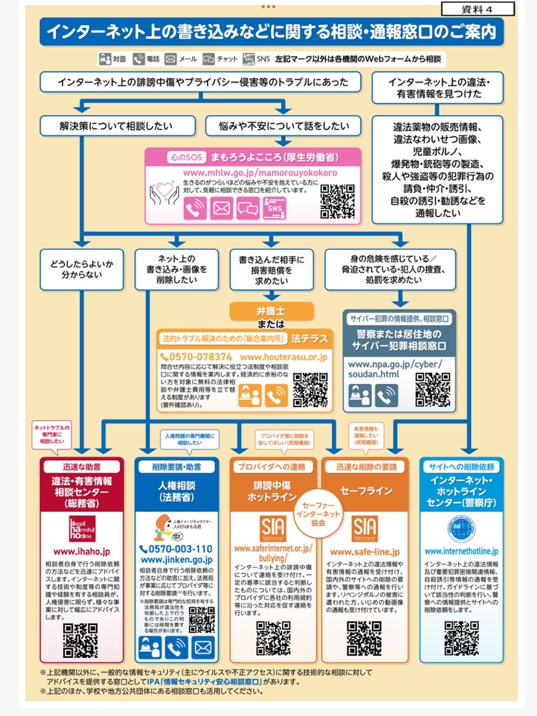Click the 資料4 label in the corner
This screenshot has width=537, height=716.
[x=478, y=8]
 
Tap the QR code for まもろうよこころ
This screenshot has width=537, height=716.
[x=337, y=201]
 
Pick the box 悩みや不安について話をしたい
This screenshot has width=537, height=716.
[x=283, y=126]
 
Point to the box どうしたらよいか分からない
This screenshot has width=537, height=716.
[x=81, y=269]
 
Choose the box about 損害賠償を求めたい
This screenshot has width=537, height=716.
[x=271, y=269]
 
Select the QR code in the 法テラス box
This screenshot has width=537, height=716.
[x=310, y=389]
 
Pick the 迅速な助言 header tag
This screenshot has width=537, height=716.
[x=82, y=466]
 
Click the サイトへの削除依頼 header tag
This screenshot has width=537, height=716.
[x=461, y=466]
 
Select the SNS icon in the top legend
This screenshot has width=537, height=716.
[x=249, y=59]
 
